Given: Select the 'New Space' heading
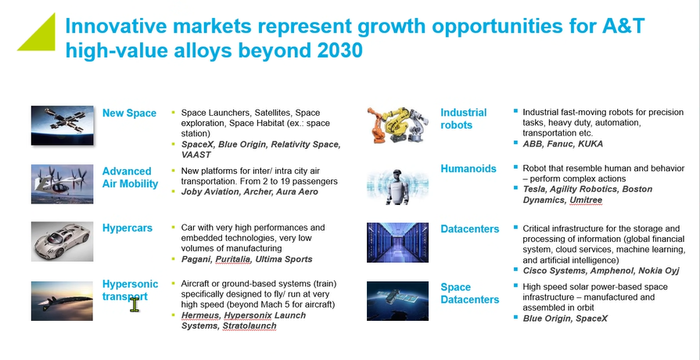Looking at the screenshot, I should coord(129,113).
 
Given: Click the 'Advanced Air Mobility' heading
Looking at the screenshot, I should coord(130,178).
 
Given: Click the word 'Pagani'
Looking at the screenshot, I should coord(197,259).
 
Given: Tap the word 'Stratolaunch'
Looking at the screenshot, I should coord(249,326).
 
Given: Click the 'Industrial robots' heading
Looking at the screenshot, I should coord(463,119).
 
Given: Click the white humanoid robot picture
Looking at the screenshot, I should coord(398,183).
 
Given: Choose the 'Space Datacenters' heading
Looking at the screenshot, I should coord(469,293).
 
